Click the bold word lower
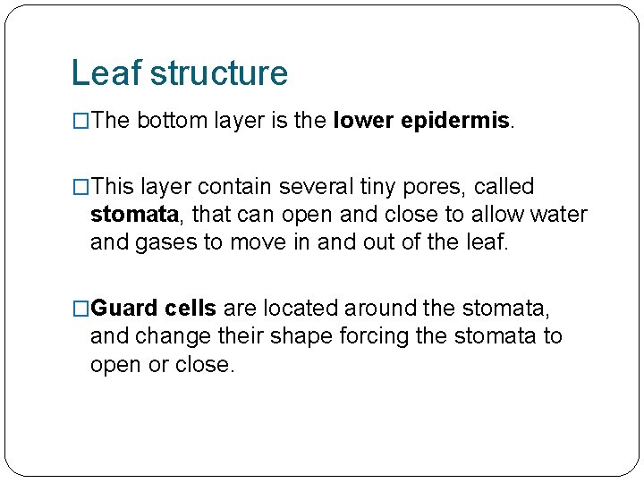coord(362,121)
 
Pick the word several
coord(314,187)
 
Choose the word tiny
coord(375,188)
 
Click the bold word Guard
coord(125,309)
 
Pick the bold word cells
coord(191,309)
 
